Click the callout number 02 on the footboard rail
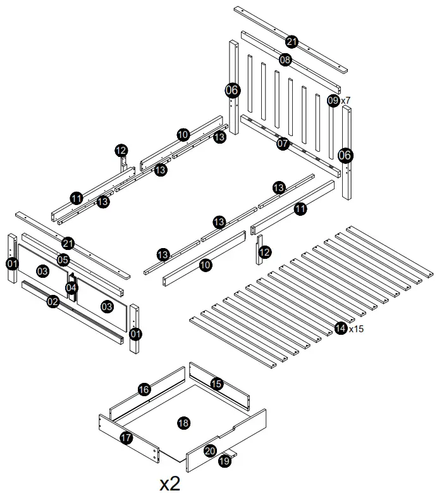(53, 302)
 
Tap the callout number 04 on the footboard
(72, 289)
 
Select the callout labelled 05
(63, 259)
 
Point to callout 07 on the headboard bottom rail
(283, 144)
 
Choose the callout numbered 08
(285, 60)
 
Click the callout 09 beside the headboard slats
(333, 100)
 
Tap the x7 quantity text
(346, 100)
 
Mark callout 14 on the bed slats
(341, 328)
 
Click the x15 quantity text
(355, 328)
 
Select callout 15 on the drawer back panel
(216, 384)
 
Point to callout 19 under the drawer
(225, 461)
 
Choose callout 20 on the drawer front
(210, 451)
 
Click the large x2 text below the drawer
(169, 484)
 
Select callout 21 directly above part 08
(292, 42)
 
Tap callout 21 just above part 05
(68, 243)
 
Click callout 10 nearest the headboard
(183, 135)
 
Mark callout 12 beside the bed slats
(265, 253)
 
